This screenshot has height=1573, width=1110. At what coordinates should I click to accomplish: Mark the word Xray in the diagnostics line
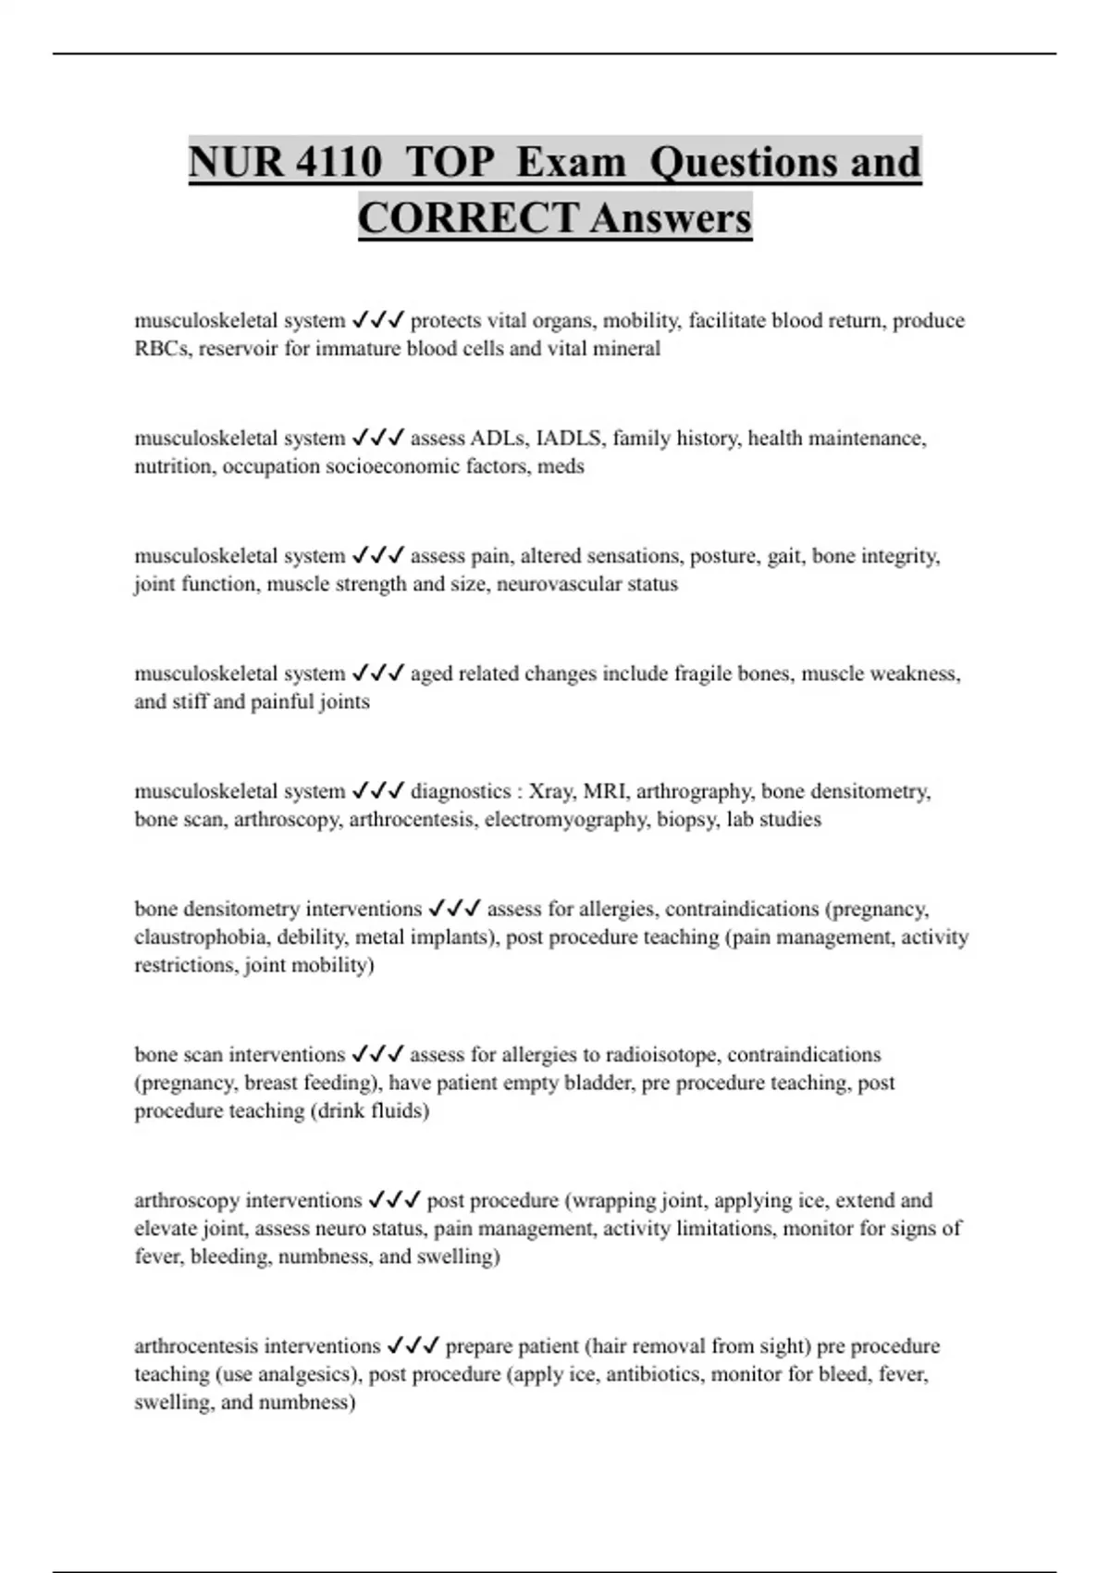pyautogui.click(x=550, y=791)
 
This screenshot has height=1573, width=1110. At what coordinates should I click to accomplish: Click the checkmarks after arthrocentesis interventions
pyautogui.click(x=413, y=1346)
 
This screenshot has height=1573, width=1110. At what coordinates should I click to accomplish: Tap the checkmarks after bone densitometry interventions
pyautogui.click(x=454, y=909)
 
